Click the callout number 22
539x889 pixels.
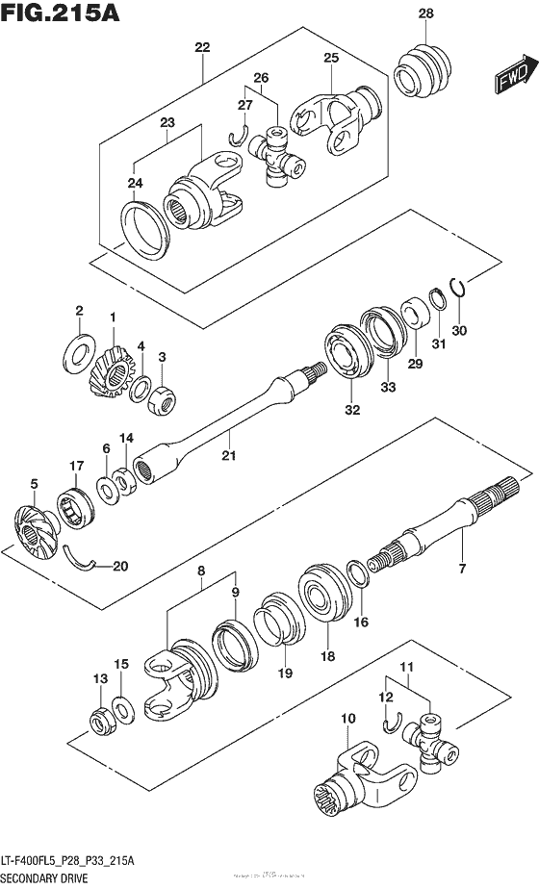[x=201, y=47]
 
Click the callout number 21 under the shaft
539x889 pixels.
[x=228, y=455]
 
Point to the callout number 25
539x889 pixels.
[x=331, y=59]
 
